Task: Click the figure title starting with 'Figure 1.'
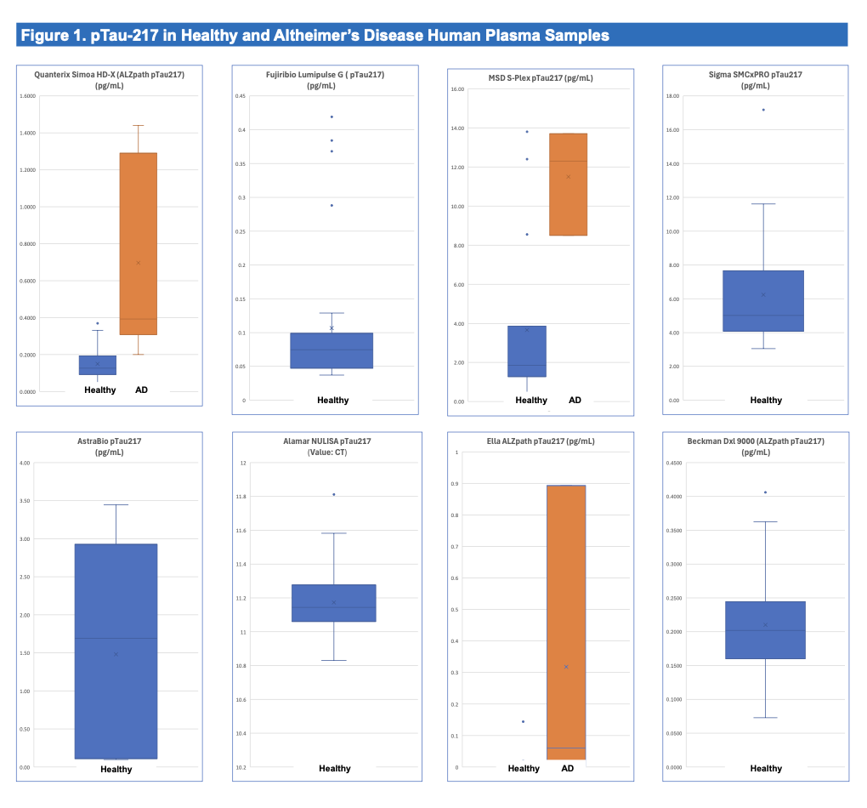point(314,36)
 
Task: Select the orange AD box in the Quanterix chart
point(138,243)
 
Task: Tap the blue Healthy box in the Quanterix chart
point(98,365)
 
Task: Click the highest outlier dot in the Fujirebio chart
point(331,117)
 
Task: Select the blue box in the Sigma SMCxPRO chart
point(764,301)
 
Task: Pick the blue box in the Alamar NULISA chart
point(333,603)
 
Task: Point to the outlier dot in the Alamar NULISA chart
point(333,494)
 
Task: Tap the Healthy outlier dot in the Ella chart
point(523,721)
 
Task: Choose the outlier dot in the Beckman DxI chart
point(765,492)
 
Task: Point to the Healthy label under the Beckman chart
point(766,769)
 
